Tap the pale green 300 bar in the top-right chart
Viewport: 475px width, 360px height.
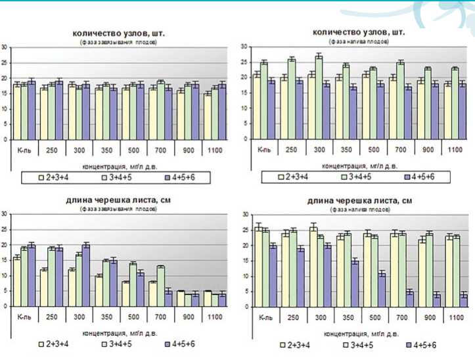(319, 98)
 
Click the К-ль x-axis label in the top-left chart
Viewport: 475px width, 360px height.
(21, 150)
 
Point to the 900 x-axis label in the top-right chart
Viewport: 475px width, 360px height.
(428, 150)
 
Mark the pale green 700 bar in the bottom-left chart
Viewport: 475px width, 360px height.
(160, 286)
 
